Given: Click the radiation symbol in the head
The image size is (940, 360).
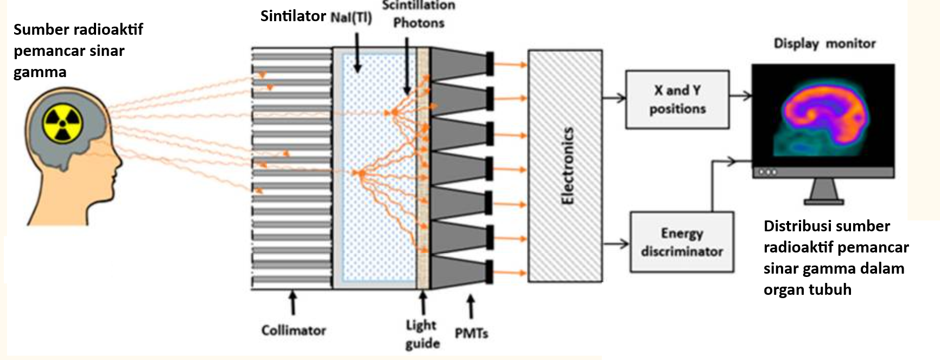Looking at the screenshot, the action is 63,124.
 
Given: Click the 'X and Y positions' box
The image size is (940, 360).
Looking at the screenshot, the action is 677,99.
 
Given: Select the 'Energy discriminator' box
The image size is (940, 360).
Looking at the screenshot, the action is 682,242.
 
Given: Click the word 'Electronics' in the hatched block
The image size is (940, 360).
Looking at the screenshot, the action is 567,166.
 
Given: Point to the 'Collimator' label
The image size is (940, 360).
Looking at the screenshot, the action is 294,330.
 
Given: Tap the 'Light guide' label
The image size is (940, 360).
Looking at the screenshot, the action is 422,334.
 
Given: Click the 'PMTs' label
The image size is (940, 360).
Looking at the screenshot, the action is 471,333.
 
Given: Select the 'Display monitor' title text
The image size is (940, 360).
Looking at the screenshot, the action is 824,43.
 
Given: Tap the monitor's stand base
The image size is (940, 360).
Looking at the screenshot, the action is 824,201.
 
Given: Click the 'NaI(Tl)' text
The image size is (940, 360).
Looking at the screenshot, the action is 351,17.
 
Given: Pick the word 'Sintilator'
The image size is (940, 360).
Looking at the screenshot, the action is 293,16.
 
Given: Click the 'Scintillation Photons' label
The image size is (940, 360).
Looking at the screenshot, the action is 418,15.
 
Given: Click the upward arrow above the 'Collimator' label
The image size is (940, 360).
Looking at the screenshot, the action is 293,302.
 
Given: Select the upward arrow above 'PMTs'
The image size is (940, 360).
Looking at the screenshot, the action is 471,307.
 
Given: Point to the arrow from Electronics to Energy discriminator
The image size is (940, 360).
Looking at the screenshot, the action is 616,244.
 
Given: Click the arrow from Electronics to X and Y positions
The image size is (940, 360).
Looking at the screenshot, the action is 614,98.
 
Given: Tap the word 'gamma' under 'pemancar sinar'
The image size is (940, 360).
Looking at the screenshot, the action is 40,72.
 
